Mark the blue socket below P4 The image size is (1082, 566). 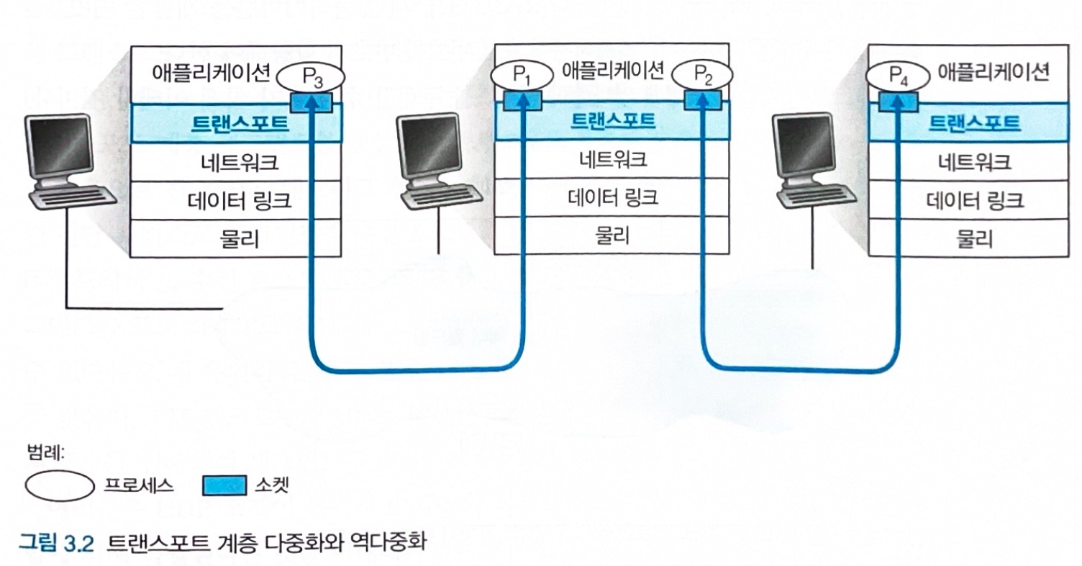pos(898,102)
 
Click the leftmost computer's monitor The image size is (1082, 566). pos(59,147)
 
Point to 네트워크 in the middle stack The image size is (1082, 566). pos(612,159)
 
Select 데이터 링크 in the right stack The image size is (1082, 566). pos(973,199)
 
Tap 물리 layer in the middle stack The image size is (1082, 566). pos(612,235)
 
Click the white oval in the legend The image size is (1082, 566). pos(60,485)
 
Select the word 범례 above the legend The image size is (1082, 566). pos(45,454)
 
